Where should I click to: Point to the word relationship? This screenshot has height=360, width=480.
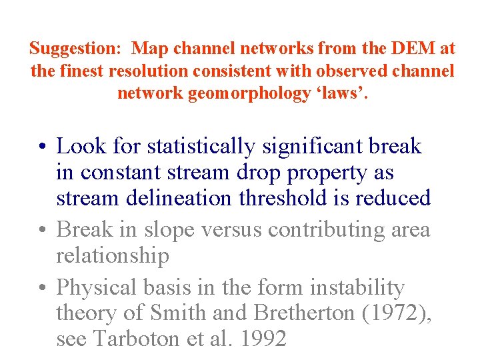tap(113, 256)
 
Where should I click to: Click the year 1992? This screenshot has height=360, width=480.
tap(262, 339)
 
